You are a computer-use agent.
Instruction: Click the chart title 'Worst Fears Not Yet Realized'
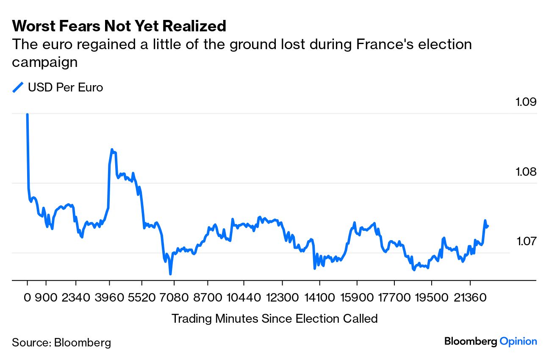pos(119,26)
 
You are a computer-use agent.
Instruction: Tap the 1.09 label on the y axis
pos(526,102)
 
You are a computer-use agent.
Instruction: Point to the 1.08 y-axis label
pos(526,172)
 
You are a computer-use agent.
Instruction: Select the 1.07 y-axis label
pos(526,242)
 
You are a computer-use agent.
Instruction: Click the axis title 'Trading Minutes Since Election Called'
pos(274,318)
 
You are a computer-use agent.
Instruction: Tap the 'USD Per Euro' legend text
pos(65,88)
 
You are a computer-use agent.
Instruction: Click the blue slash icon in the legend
pos(18,88)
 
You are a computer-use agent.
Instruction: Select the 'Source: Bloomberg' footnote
pos(61,342)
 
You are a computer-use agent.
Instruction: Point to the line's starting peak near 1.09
pos(28,115)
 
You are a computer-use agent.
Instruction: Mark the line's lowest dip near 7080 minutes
pos(170,274)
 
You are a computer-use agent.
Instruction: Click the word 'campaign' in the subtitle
pos(44,62)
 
